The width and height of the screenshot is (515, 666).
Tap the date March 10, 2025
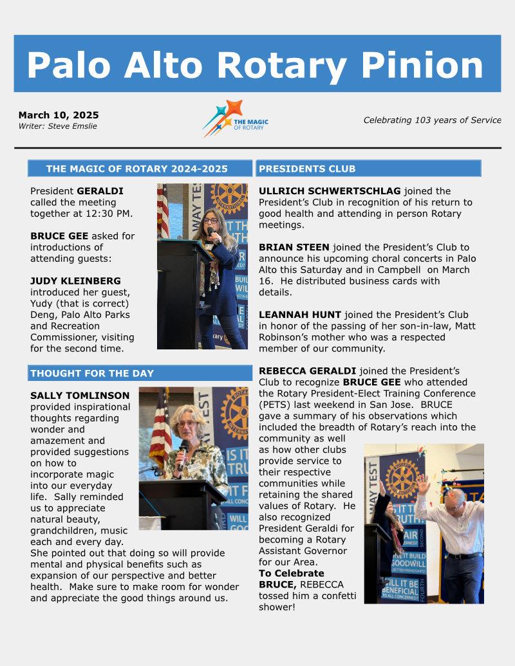pyautogui.click(x=59, y=115)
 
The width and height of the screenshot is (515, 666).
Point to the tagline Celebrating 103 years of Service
pyautogui.click(x=432, y=120)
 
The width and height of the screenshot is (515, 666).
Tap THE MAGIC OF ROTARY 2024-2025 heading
pyautogui.click(x=136, y=169)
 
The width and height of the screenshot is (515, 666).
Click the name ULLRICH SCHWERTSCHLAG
pyautogui.click(x=330, y=191)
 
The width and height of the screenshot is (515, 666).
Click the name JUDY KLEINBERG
pyautogui.click(x=76, y=281)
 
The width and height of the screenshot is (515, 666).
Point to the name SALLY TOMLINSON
pyautogui.click(x=80, y=395)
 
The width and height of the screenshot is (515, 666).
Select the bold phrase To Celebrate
pyautogui.click(x=292, y=573)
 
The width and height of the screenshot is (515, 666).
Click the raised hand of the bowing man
pyautogui.click(x=422, y=483)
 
